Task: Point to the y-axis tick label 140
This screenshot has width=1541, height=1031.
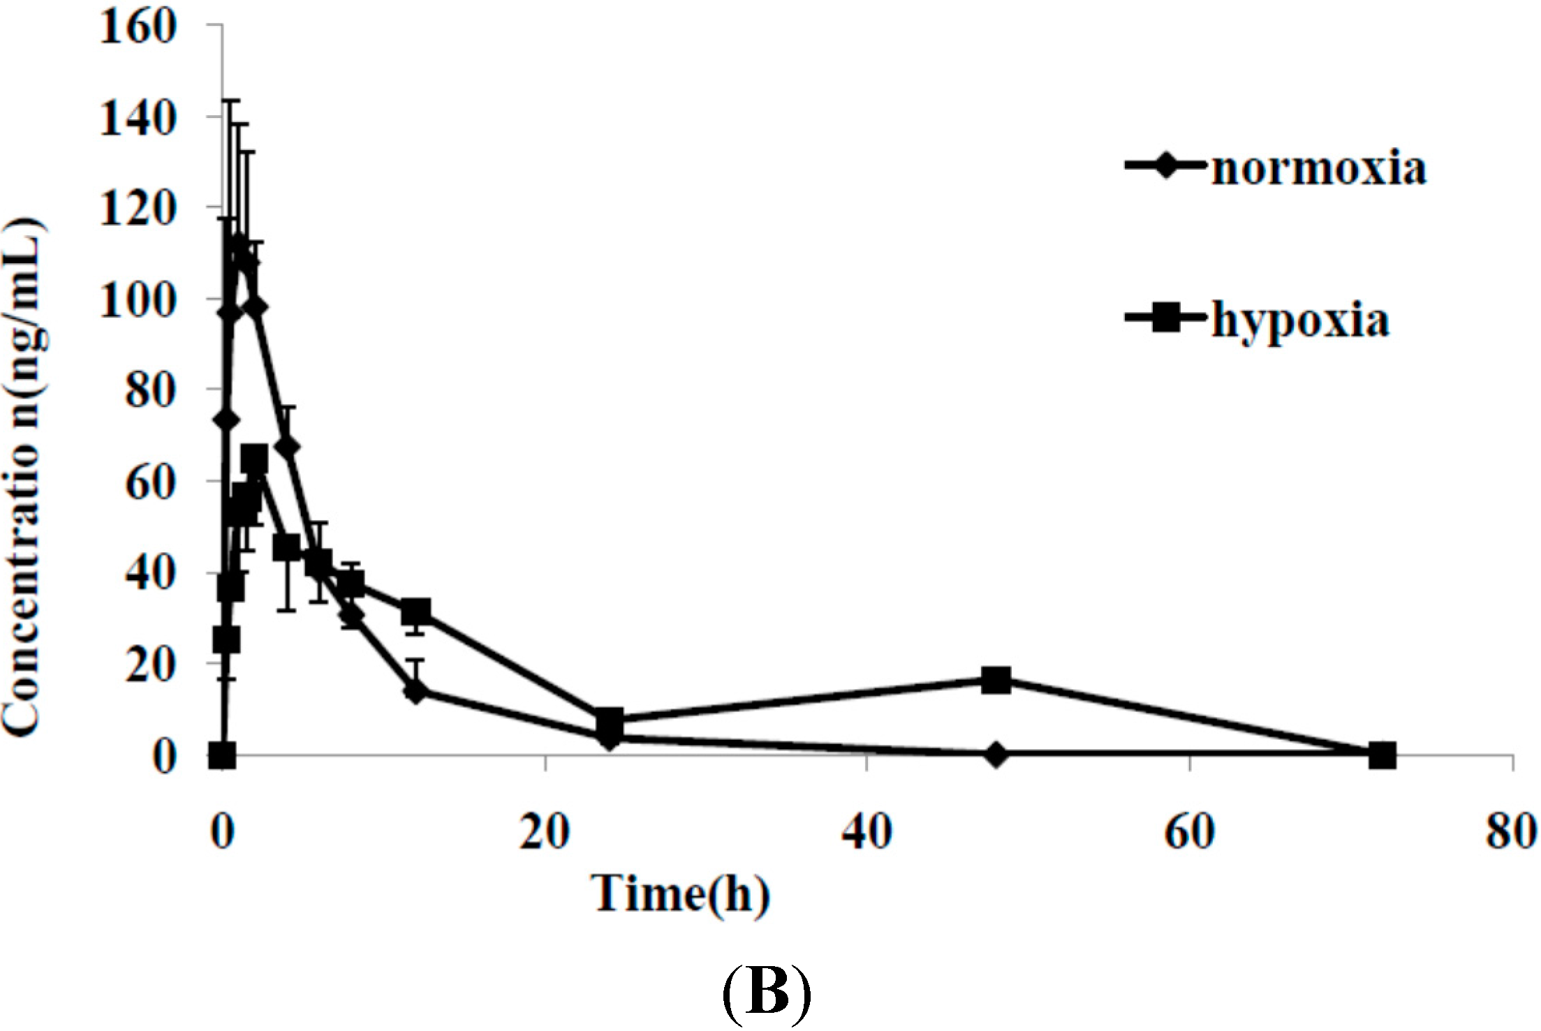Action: [137, 118]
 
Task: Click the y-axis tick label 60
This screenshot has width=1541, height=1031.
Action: [149, 482]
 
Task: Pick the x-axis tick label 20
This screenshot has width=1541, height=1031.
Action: [545, 832]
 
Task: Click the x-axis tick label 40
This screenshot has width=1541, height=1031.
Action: [867, 832]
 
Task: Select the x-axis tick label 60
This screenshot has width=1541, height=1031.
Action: [1189, 832]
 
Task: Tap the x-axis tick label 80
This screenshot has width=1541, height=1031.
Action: [1511, 832]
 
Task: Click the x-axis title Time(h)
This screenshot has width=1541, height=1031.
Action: [681, 894]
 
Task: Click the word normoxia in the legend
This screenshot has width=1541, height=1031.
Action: [1318, 169]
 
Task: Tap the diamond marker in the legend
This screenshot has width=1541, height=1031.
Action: [1165, 166]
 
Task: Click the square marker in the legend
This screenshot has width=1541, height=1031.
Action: [1165, 319]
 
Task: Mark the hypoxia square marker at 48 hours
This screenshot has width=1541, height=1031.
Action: [996, 680]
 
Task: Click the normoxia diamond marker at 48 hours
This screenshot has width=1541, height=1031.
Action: [996, 755]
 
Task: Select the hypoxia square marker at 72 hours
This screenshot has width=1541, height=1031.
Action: [1382, 755]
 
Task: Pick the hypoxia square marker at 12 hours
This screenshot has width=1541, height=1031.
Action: [416, 612]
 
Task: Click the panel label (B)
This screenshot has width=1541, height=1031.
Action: [765, 992]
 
